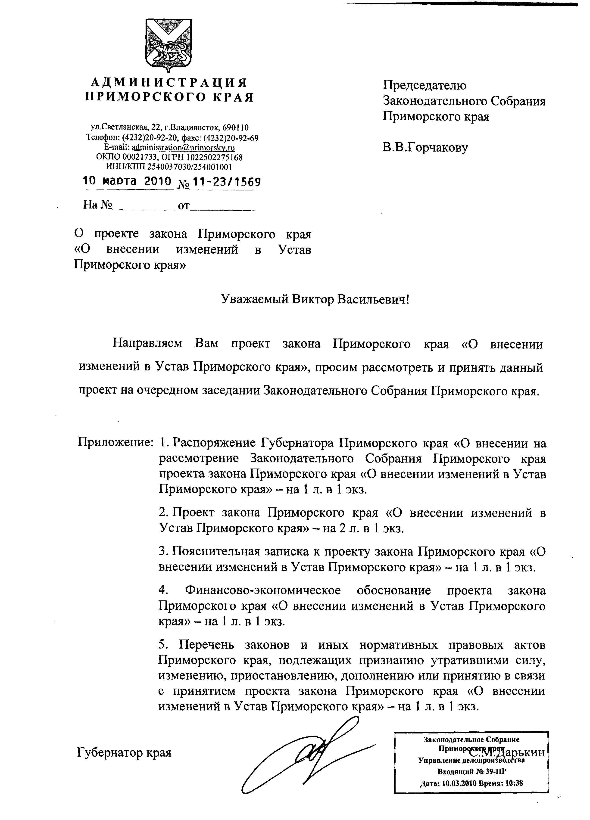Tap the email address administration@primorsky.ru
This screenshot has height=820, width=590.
[x=183, y=148]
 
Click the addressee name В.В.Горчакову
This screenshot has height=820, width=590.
[x=425, y=148]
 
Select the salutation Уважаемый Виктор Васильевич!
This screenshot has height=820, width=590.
[x=315, y=299]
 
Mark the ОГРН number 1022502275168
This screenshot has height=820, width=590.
[x=214, y=157]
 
